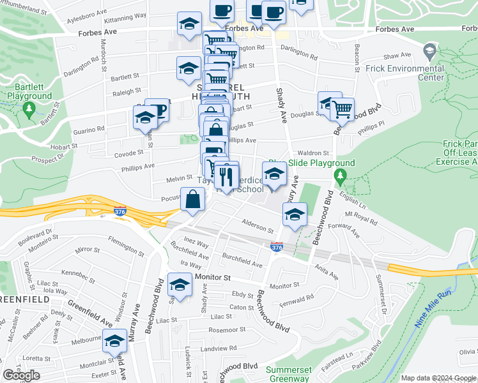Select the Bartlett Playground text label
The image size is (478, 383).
point(29,91)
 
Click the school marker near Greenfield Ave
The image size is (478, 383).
point(114,342)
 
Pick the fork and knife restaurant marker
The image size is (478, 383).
point(226,176)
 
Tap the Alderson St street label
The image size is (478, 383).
point(258,225)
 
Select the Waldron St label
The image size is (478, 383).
point(313,153)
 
